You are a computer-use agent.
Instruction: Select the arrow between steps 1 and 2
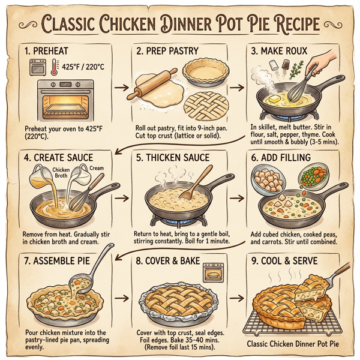(x=118, y=88)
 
